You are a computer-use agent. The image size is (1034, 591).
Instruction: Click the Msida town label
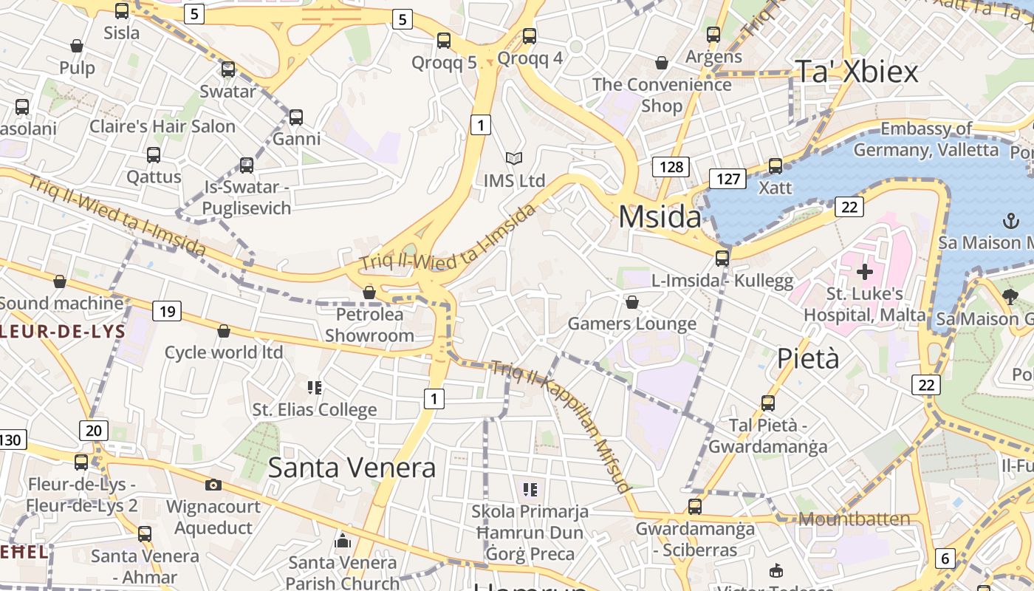pyautogui.click(x=660, y=217)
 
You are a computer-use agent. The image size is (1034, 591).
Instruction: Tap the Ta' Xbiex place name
pyautogui.click(x=857, y=72)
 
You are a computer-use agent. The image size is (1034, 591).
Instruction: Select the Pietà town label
pyautogui.click(x=808, y=359)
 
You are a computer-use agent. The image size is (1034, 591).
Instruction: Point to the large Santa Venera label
pyautogui.click(x=352, y=468)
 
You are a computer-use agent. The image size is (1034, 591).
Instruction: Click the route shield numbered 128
pyautogui.click(x=671, y=167)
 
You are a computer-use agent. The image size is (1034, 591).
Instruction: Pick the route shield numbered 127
pyautogui.click(x=727, y=179)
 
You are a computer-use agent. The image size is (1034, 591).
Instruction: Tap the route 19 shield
pyautogui.click(x=167, y=312)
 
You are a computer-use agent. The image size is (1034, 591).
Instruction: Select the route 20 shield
pyautogui.click(x=94, y=431)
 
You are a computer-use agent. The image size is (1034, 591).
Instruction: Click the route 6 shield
pyautogui.click(x=945, y=558)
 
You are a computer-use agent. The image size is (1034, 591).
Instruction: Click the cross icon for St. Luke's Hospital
pyautogui.click(x=864, y=272)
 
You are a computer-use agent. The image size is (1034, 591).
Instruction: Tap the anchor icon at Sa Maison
pyautogui.click(x=1010, y=220)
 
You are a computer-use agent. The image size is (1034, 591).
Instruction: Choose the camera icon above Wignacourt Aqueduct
pyautogui.click(x=213, y=485)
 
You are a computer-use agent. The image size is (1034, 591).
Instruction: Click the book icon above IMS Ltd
pyautogui.click(x=514, y=158)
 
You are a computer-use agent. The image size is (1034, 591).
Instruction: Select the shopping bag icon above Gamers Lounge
pyautogui.click(x=631, y=302)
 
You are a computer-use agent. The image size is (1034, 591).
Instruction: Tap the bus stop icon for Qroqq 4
pyautogui.click(x=530, y=35)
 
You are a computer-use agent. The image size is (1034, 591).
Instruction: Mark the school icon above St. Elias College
pyautogui.click(x=315, y=387)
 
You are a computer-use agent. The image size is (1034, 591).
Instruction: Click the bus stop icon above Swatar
pyautogui.click(x=228, y=69)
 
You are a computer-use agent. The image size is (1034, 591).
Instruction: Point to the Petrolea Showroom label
pyautogui.click(x=369, y=325)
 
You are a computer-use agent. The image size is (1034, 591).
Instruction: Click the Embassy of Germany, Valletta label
pyautogui.click(x=926, y=139)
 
